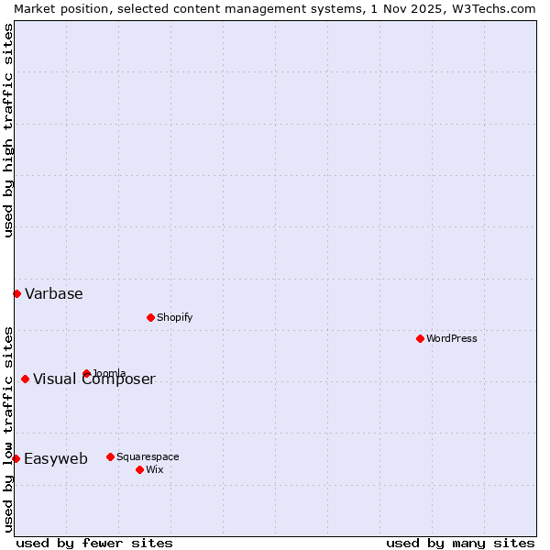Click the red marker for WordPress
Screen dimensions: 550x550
tap(420, 338)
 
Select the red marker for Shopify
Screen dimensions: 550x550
tap(150, 317)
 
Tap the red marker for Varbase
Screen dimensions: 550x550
tap(16, 293)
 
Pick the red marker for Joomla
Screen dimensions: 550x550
tap(86, 373)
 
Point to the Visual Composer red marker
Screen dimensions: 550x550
tap(25, 379)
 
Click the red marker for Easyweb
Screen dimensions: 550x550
tap(16, 458)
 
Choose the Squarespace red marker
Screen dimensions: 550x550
tap(110, 456)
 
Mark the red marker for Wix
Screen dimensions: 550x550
tap(139, 469)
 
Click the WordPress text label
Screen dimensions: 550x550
tap(452, 338)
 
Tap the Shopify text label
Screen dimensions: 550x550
tap(174, 317)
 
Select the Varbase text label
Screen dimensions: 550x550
tap(54, 293)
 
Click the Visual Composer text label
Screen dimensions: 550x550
tap(94, 379)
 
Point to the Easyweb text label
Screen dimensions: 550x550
tap(56, 458)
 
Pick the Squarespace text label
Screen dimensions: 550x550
tap(148, 456)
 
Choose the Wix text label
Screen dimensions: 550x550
tap(154, 469)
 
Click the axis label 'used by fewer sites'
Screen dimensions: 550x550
tap(94, 543)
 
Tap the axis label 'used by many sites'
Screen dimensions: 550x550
tap(460, 543)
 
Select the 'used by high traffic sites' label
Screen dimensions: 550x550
tap(8, 130)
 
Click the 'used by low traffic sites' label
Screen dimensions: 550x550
tap(8, 429)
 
